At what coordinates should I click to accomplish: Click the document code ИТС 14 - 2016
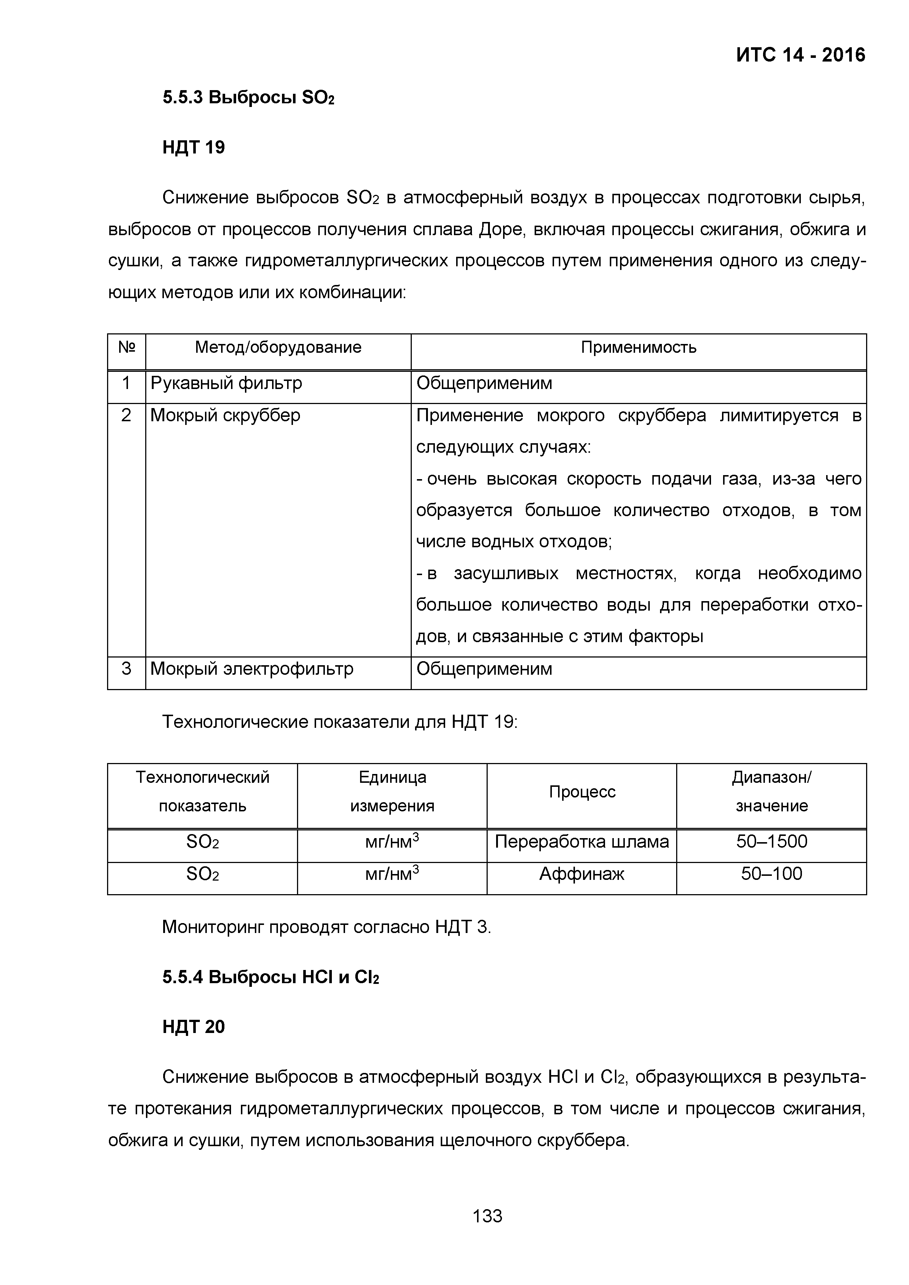point(800,55)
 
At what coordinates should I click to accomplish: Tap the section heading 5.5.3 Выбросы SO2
point(248,98)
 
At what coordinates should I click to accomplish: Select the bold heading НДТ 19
point(193,147)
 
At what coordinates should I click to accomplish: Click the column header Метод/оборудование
point(278,348)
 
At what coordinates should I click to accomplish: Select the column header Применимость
point(638,348)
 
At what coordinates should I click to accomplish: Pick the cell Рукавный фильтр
point(226,384)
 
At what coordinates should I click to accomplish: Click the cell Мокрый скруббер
point(225,415)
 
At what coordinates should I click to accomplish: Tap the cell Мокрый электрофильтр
point(252,669)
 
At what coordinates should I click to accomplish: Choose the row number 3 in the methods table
point(126,669)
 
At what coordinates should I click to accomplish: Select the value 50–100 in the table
point(771,874)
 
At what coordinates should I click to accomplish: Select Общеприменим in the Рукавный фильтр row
point(484,384)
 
